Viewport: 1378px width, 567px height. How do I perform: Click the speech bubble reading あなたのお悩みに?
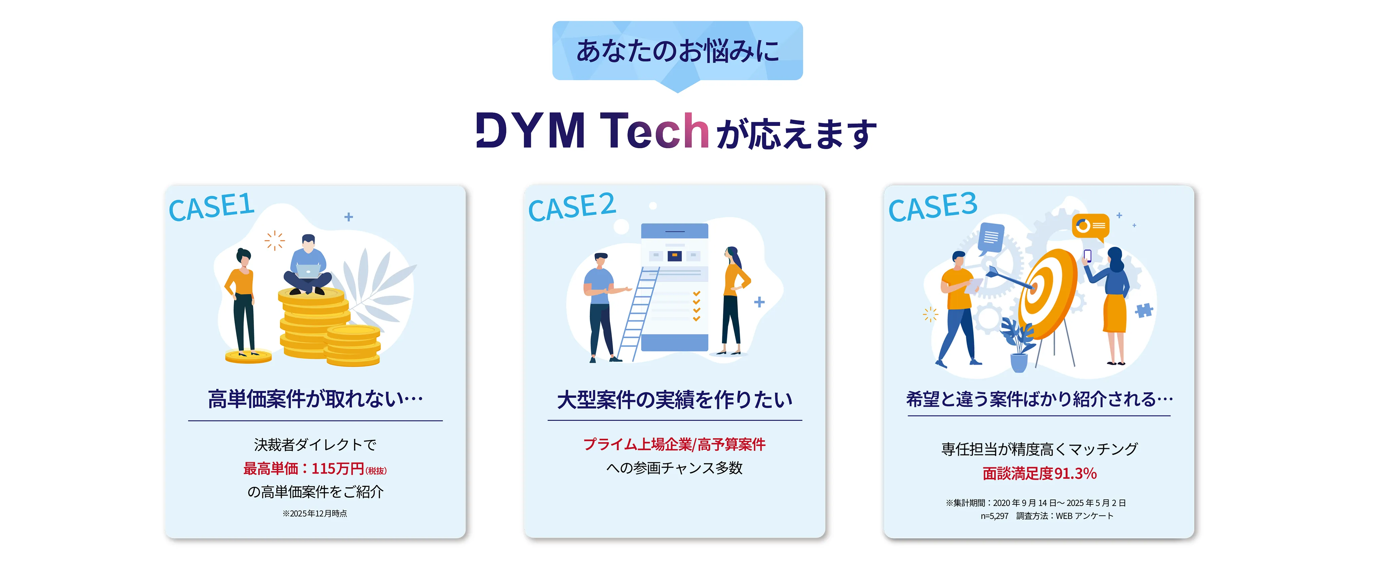[677, 51]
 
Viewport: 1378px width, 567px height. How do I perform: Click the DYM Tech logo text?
[593, 131]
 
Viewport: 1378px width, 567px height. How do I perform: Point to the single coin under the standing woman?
[248, 356]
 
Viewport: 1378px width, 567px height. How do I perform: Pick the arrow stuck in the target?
[1008, 279]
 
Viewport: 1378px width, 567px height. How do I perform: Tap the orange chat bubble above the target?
[1090, 226]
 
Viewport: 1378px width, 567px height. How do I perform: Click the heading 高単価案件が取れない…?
[315, 399]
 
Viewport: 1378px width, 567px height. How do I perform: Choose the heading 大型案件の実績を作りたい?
[675, 399]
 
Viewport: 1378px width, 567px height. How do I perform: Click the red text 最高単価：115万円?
[304, 469]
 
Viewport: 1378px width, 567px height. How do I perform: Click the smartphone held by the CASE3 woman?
[1087, 256]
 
